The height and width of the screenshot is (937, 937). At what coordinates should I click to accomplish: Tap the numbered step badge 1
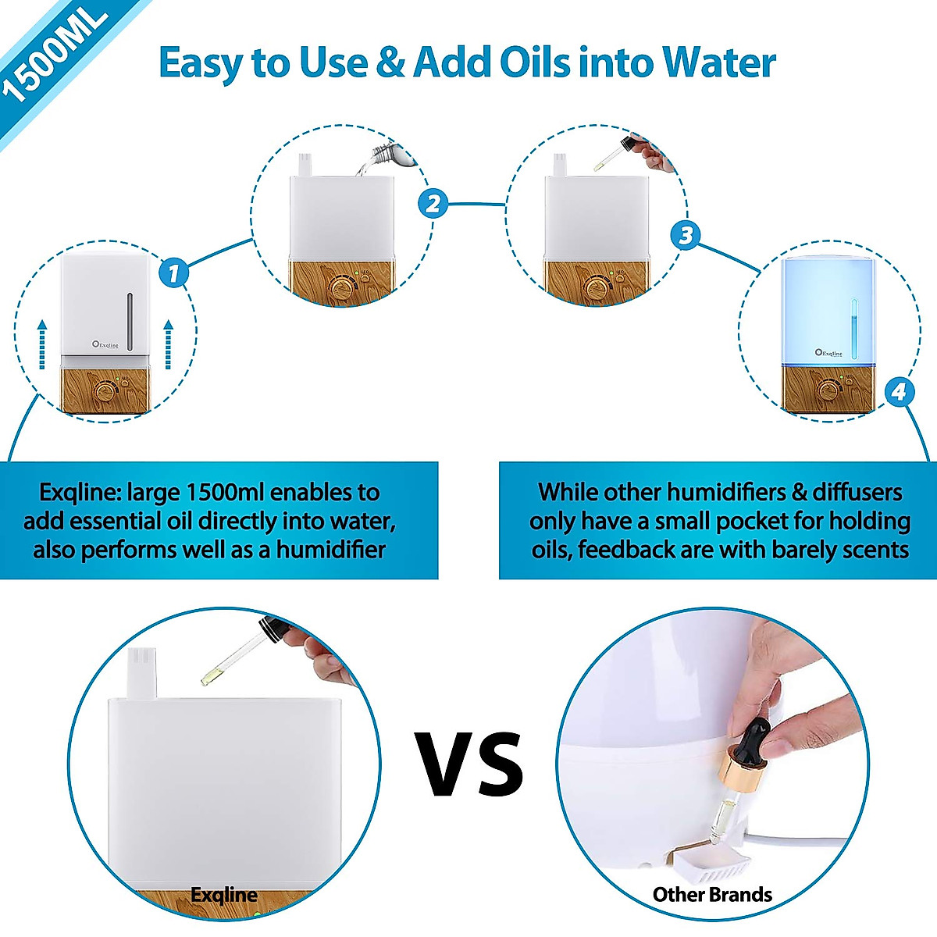coord(173,273)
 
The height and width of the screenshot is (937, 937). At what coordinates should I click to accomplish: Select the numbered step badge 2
coord(433,204)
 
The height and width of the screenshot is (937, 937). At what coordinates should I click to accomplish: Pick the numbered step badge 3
coord(686,235)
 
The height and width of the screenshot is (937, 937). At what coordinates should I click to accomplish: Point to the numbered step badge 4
coord(899,390)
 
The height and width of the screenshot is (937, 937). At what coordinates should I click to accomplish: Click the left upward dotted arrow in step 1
coord(42,344)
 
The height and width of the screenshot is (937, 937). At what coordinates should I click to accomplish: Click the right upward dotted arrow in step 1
coord(167,344)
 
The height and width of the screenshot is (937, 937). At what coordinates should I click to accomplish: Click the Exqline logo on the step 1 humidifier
coord(105,344)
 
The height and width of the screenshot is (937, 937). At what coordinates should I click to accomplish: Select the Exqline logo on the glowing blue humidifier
coord(828,353)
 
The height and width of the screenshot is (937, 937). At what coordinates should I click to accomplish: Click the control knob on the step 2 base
coord(340,288)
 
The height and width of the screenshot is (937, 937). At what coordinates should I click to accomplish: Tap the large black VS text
coord(469,764)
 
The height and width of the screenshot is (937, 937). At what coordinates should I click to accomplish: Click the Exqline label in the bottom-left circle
coord(224,895)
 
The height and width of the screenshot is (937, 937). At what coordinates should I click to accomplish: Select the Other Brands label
coord(712,895)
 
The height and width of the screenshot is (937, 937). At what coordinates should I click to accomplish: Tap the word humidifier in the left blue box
coord(331,550)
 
